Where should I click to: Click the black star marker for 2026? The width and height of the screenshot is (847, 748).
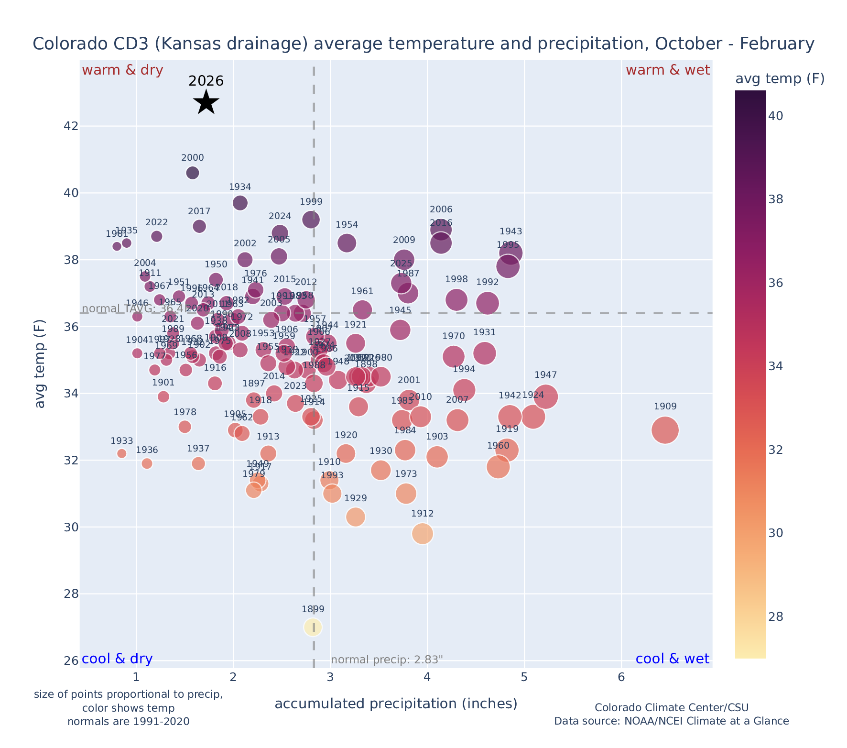point(206,102)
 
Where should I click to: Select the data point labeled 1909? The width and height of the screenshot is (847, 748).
point(665,430)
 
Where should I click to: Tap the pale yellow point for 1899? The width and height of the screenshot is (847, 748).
point(313,627)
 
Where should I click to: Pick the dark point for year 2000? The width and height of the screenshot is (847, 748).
point(193,173)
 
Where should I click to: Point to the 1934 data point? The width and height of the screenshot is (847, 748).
point(240,203)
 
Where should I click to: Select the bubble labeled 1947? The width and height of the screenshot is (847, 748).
point(545,396)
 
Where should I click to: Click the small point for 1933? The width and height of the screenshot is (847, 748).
point(122,453)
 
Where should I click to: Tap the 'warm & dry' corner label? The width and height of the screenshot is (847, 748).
point(122,70)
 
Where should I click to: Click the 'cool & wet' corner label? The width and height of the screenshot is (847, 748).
point(672,659)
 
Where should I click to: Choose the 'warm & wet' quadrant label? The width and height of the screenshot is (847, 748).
point(667,70)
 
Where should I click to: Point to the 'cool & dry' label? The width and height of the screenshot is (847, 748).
point(117,659)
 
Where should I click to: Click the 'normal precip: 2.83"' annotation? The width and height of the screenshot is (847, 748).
point(387,660)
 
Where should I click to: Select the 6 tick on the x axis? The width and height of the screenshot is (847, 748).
point(621,677)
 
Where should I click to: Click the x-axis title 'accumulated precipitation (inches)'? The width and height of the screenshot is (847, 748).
point(396,704)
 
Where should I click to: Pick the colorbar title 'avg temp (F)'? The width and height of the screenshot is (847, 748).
point(780,79)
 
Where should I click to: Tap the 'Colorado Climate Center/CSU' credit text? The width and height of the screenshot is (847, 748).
point(671,707)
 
